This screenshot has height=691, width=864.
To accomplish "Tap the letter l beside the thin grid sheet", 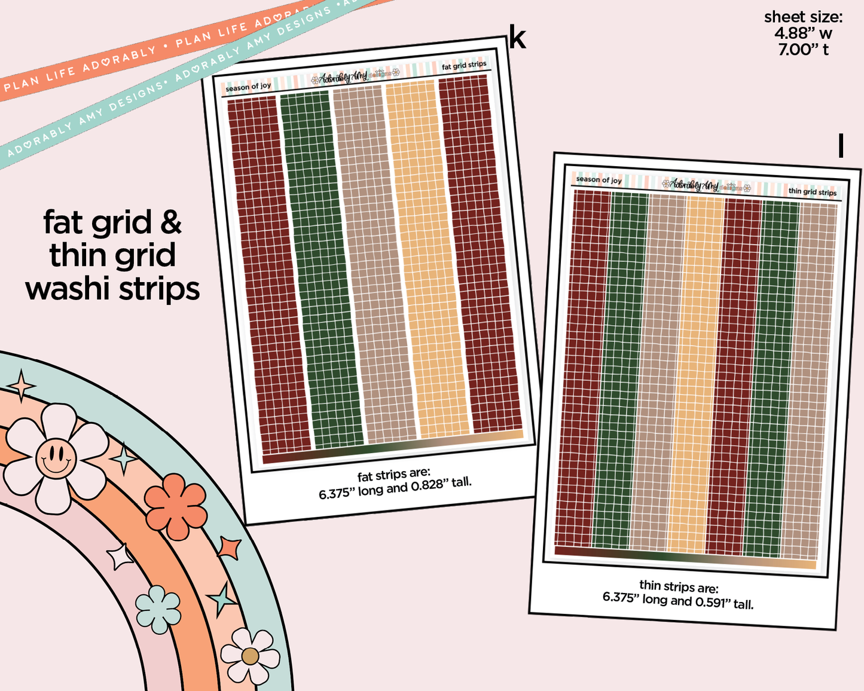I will (x=841, y=146).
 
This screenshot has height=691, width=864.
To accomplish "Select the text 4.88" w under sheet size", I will (x=803, y=33).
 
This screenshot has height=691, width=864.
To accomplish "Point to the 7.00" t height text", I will (x=803, y=50).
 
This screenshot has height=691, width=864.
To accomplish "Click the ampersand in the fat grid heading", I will (x=171, y=222).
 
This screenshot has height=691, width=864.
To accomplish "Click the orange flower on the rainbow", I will (x=176, y=506).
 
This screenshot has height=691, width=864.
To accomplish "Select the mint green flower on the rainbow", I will (x=158, y=609).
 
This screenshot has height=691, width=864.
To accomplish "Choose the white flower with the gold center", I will (x=250, y=656).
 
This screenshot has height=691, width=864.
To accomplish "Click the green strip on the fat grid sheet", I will (x=321, y=269).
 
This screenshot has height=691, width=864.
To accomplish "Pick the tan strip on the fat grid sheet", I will (x=374, y=263).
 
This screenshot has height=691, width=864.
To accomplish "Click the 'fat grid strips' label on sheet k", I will (x=464, y=65).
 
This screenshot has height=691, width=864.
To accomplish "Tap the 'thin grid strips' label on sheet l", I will (x=812, y=191).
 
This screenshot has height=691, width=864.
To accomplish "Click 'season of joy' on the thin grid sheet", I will (x=599, y=179).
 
